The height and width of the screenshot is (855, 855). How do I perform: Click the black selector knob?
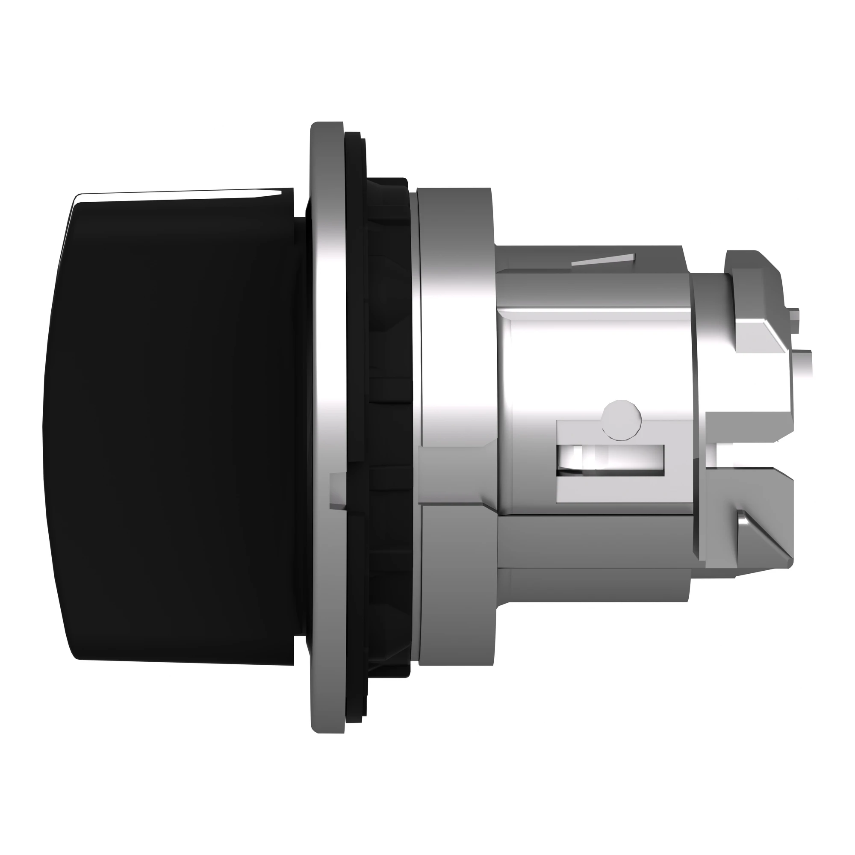[173, 420]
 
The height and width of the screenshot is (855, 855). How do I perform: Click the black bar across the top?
[427, 42]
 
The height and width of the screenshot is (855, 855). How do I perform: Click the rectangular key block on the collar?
[456, 474]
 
